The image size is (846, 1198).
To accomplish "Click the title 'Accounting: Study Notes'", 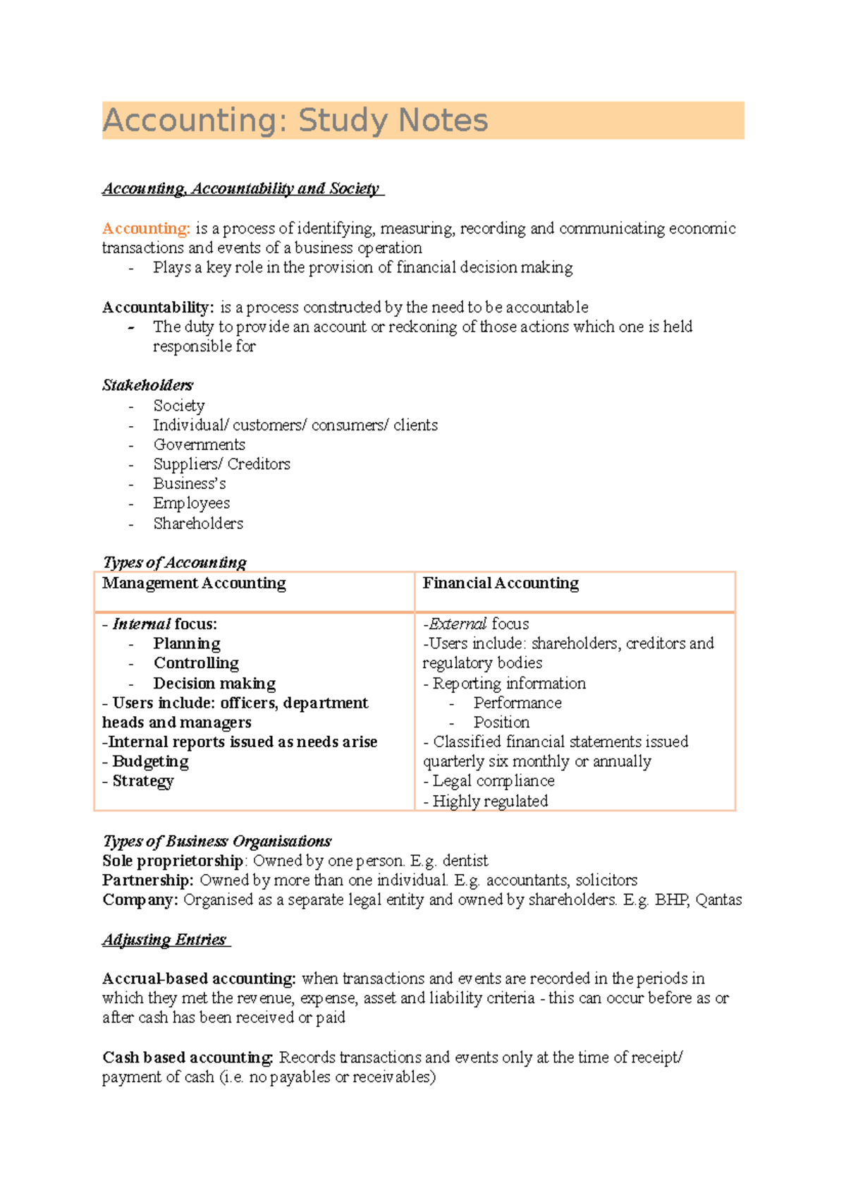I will pos(295,120).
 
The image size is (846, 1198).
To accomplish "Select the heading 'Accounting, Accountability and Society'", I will pos(241,188).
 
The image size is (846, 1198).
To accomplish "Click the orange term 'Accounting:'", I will pos(146,229).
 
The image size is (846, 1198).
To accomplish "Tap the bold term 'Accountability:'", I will pos(158,308).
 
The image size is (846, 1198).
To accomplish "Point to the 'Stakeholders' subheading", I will pos(147,385).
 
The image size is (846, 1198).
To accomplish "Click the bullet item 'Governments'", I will pos(200,444).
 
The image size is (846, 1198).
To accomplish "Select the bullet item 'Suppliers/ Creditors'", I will pos(221,464).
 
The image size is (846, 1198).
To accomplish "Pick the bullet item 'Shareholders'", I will pos(198,524).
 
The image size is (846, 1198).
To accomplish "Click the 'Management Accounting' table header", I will pos(194,583).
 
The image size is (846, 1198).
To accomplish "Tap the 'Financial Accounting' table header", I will pos(501,583).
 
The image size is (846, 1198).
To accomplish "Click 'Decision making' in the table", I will pos(214,684).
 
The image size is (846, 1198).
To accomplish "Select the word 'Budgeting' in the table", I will pos(150,762).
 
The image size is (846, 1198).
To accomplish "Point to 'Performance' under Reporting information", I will pos(517,703).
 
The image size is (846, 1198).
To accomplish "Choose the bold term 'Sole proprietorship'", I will pos(173,861).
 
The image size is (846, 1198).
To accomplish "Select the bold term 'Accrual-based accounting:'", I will pos(199,979).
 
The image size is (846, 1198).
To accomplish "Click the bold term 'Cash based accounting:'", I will pos(188,1058).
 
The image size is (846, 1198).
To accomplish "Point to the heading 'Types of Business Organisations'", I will pos(216,841).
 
